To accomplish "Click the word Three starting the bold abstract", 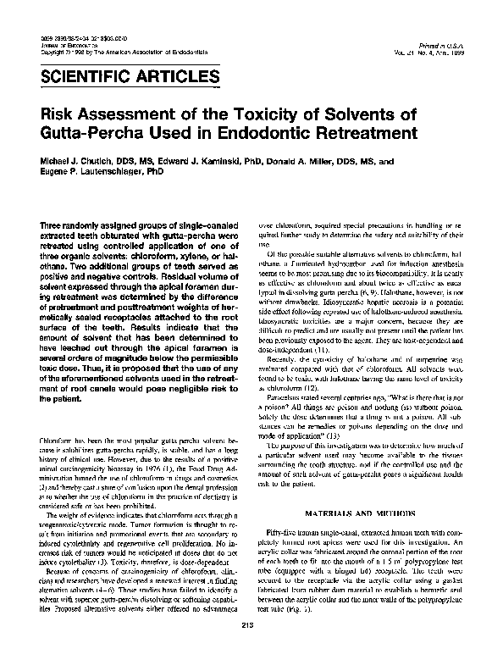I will click(x=55, y=221).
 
